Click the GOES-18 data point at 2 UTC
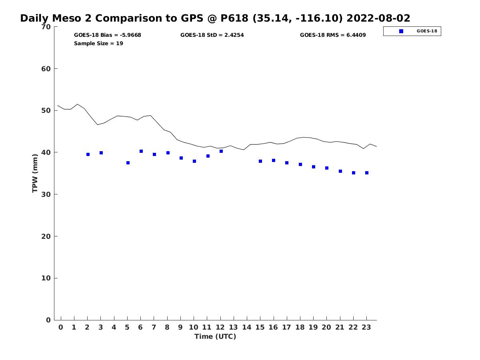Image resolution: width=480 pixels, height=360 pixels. coord(88,154)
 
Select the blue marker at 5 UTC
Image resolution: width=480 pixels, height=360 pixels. coord(128,163)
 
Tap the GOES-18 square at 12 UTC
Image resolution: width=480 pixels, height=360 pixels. coord(221,151)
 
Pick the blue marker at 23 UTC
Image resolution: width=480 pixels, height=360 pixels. coord(367,173)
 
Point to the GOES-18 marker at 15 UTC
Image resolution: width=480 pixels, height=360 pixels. coord(260,161)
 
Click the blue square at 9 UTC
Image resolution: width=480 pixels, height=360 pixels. coord(181,158)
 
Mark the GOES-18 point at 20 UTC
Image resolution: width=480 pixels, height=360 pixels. coord(327,168)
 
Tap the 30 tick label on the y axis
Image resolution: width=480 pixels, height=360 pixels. coord(46,194)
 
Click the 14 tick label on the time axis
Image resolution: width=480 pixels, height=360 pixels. coord(247,327)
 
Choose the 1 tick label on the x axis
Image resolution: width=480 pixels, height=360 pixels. coord(74,327)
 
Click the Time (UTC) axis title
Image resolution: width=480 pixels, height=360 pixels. coord(215,336)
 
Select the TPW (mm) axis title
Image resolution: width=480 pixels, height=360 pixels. coord(35,174)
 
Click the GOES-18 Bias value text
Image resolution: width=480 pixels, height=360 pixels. coord(108,35)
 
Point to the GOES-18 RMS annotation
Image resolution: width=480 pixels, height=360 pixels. coord(333,35)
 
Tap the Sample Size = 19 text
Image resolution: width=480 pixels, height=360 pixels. coord(98,43)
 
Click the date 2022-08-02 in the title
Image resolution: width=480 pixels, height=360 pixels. coord(378,18)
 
